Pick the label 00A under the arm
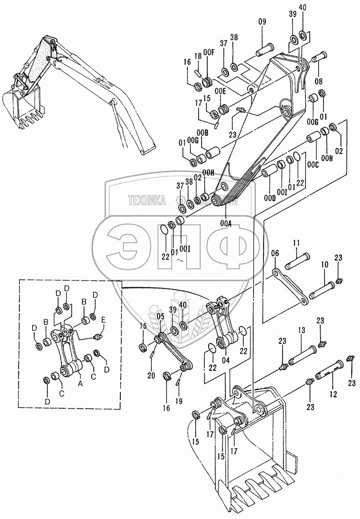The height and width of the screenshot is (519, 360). click(225, 224)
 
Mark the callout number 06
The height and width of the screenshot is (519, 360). click(274, 253)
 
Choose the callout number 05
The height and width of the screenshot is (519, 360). click(161, 316)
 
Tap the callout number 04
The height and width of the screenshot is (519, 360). click(225, 360)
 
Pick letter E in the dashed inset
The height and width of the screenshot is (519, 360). click(104, 320)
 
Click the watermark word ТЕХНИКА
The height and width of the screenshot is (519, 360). click(148, 200)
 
